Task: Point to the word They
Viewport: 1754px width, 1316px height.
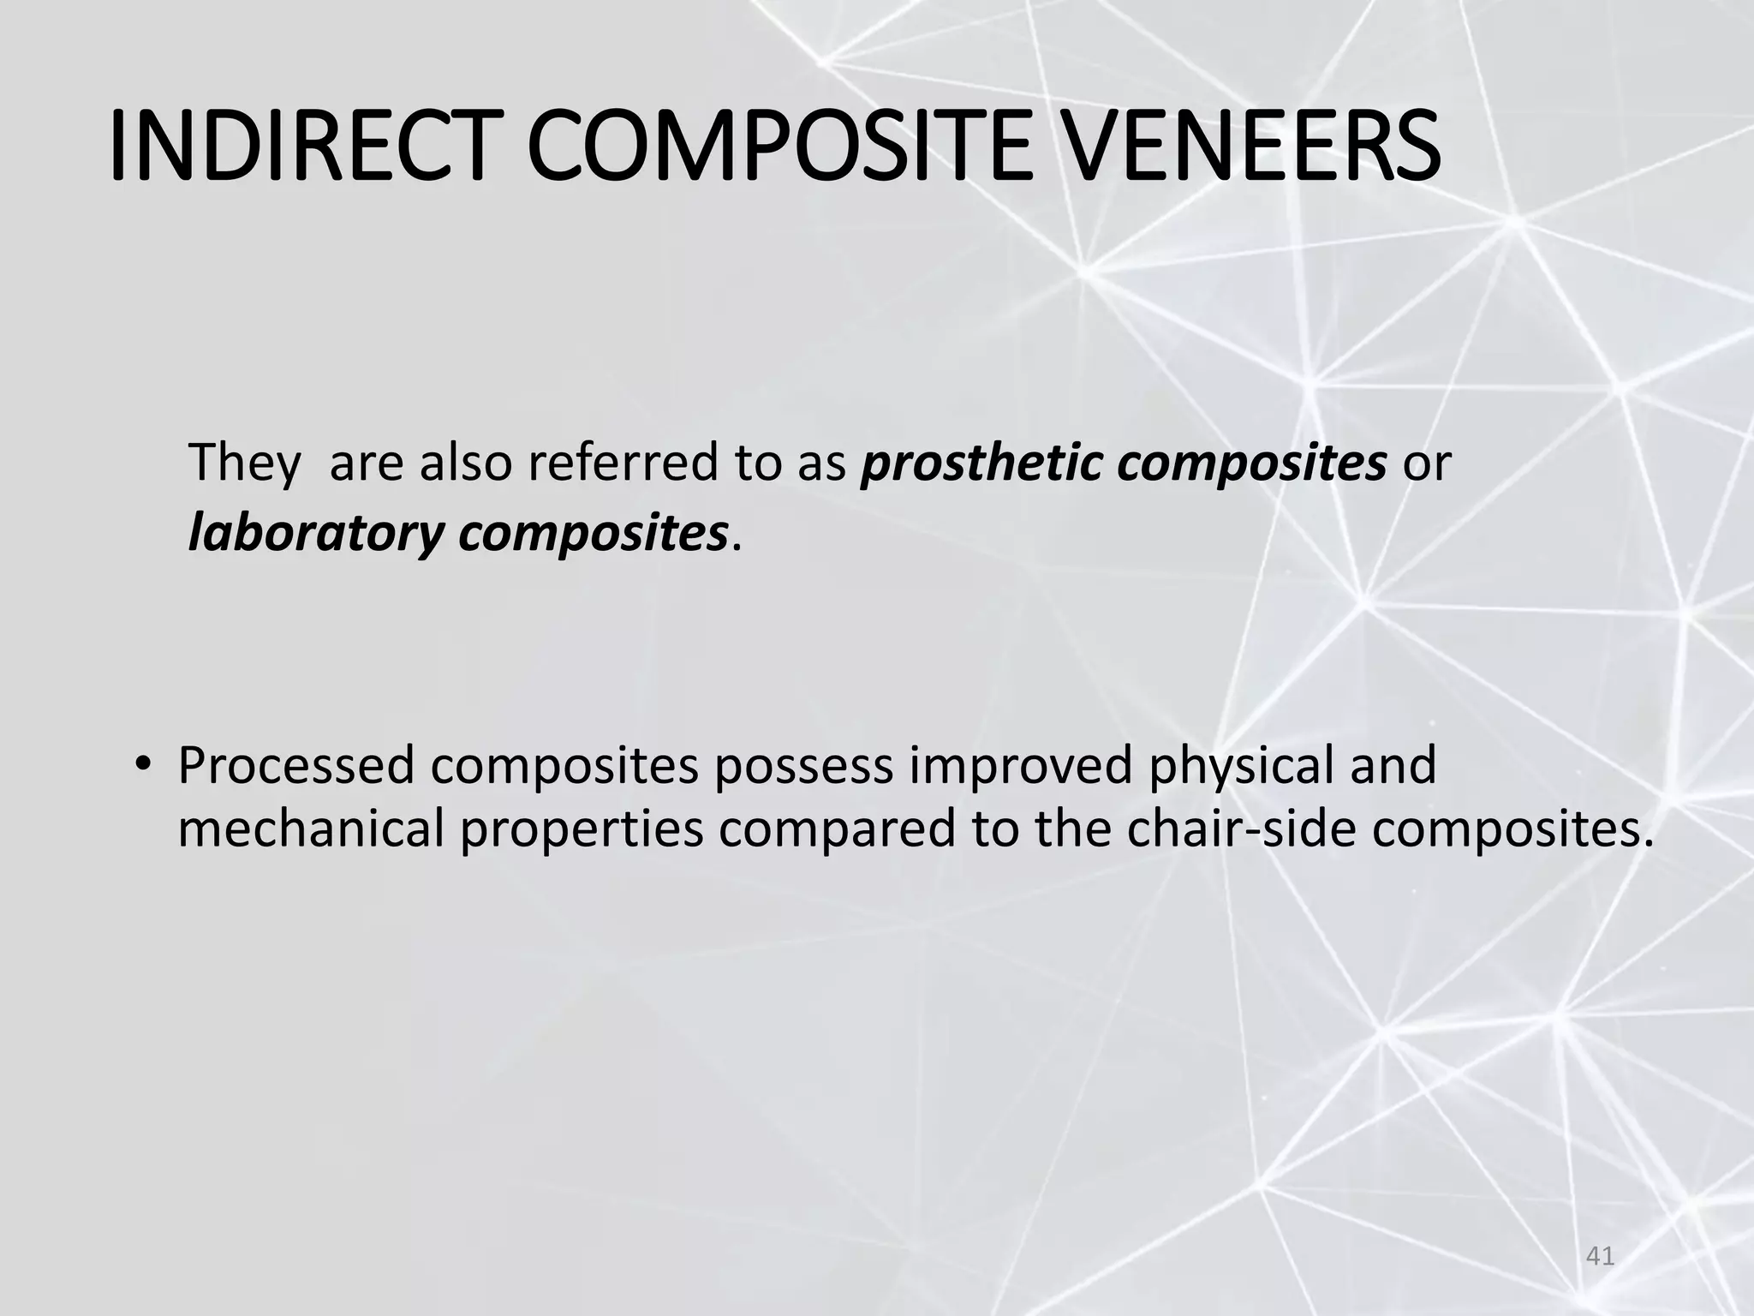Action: click(x=244, y=463)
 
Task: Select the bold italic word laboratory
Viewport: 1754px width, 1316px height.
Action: click(x=316, y=533)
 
